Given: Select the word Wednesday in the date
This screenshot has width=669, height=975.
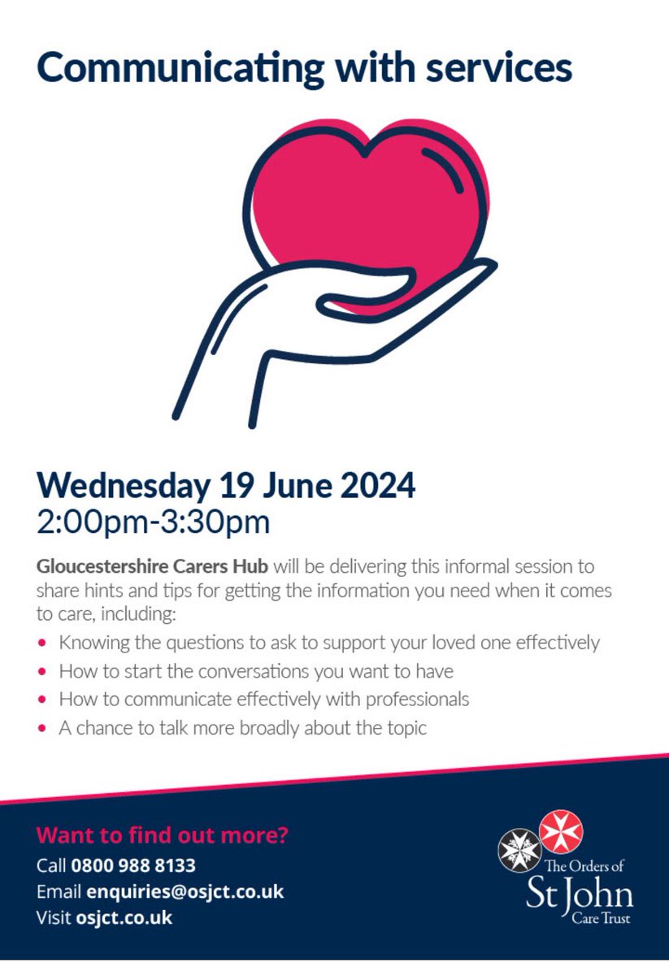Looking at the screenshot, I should (x=122, y=486).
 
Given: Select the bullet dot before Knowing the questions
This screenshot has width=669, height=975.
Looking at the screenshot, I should (x=42, y=643).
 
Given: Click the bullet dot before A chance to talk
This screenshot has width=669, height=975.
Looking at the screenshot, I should (x=42, y=728).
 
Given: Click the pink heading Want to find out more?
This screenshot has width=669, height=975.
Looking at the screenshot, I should (x=163, y=835).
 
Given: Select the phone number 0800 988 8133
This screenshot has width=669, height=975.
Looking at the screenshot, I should (x=133, y=865).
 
